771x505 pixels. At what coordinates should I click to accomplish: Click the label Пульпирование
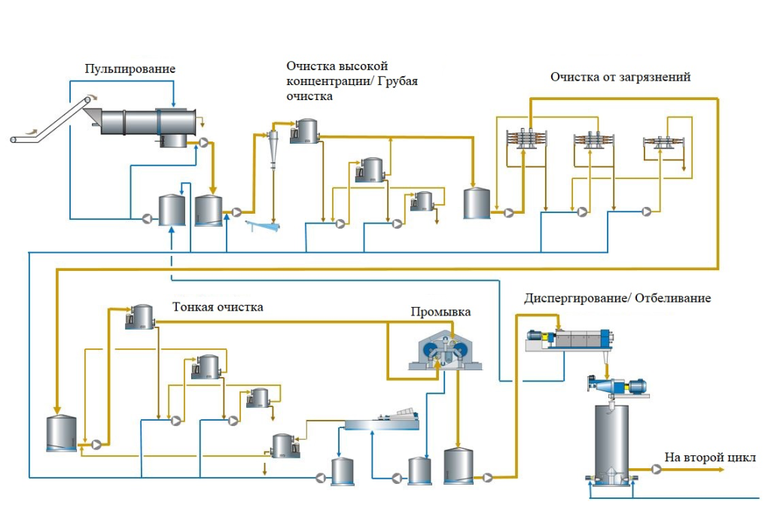(x=130, y=69)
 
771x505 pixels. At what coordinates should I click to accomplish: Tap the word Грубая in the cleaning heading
(x=398, y=81)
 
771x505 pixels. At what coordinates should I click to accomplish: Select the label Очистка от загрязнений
(x=620, y=77)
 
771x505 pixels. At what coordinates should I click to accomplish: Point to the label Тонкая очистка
(x=218, y=307)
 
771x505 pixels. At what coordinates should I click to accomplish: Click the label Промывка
(x=435, y=312)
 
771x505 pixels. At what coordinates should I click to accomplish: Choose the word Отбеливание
(x=675, y=298)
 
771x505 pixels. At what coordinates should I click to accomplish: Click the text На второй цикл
(x=709, y=457)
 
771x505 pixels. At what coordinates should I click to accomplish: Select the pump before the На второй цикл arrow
(x=657, y=470)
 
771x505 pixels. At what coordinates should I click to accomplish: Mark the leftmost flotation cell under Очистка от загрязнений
(x=526, y=141)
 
